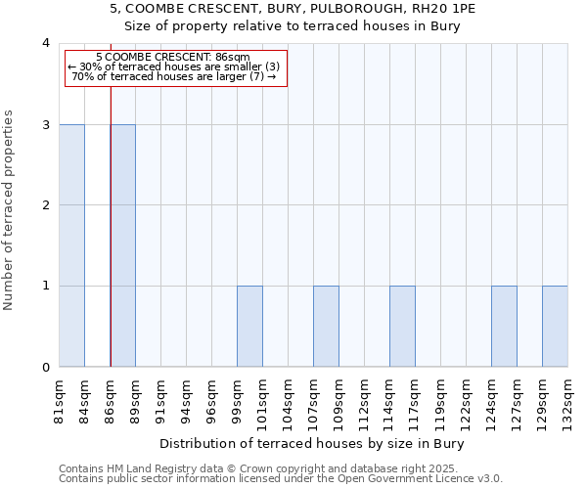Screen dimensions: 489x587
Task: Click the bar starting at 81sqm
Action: (x=71, y=245)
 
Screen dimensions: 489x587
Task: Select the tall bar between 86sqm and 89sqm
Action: (x=122, y=245)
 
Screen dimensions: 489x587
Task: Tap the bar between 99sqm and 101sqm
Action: (x=249, y=327)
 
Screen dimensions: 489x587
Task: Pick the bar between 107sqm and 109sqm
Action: (x=326, y=327)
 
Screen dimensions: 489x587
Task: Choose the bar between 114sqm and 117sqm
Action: (x=402, y=327)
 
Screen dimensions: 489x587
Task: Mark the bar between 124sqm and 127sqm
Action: (x=504, y=327)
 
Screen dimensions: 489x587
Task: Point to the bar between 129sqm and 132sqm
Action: (x=555, y=327)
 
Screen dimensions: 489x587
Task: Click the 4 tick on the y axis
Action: (x=45, y=43)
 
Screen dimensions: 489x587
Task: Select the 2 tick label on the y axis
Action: (x=45, y=205)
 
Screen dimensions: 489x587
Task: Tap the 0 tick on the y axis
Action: (x=45, y=368)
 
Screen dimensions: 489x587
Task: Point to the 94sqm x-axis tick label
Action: (x=186, y=400)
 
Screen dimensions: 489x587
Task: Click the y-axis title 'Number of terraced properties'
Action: (x=10, y=210)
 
